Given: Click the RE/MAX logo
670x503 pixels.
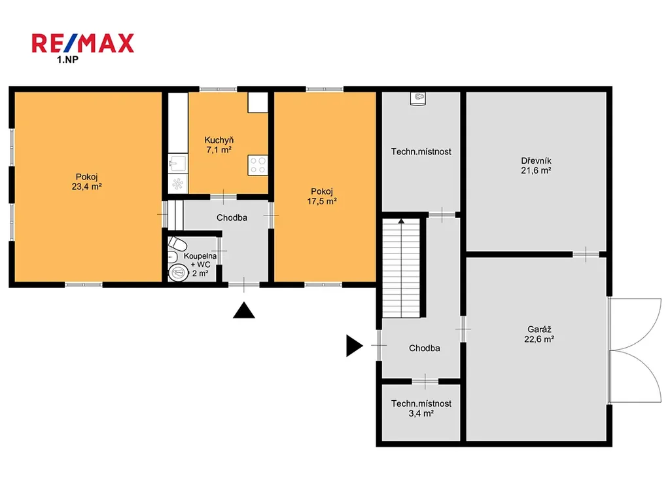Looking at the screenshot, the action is pos(83,43).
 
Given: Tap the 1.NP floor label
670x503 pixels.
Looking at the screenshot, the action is pos(67,60).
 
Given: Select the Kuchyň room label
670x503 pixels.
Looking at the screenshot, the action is pos(219,140).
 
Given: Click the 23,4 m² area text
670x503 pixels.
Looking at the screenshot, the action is pos(87,187).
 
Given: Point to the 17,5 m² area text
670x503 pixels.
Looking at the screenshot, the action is pos(322,201).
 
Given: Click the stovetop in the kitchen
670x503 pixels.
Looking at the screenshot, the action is pos(258,166).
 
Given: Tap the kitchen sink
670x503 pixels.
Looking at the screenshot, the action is pos(177,163).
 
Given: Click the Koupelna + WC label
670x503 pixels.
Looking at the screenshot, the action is pos(200,260).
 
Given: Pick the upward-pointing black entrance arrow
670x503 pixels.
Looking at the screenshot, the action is pos(244,310).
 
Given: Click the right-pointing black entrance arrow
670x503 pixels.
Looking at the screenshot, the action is pos(354,346).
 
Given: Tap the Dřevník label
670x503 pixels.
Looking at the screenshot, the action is pos(536,161).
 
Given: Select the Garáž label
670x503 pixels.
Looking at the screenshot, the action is pos(539,329).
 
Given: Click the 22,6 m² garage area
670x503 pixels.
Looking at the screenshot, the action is pos(539,339).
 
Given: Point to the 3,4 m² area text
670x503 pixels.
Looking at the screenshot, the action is pos(421,413).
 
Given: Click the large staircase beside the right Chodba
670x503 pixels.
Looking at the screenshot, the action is pos(401,268).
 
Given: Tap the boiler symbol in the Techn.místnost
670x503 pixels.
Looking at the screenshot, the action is pos(418,98).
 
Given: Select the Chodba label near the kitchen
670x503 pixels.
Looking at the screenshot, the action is pos(232,217).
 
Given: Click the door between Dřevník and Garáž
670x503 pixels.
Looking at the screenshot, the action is pos(586,254).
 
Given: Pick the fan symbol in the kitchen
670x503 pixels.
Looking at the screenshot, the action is pos(177,184).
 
